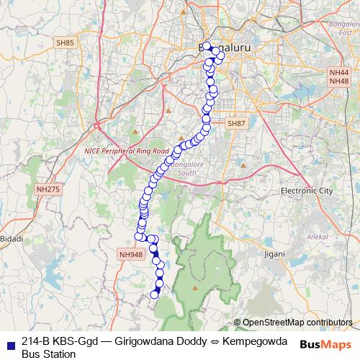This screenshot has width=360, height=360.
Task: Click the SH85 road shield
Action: tap(64, 42)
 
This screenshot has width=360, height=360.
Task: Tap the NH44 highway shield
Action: tap(338, 73)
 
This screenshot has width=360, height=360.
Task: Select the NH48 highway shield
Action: tap(338, 81)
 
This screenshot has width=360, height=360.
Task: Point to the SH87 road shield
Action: tap(236, 124)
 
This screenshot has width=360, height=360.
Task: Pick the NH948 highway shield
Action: tap(132, 254)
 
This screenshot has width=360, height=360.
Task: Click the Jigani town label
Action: tap(274, 254)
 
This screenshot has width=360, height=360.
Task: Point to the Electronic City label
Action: tap(307, 191)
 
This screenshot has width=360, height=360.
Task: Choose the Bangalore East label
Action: tap(343, 28)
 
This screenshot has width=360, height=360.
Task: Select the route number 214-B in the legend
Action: tap(37, 341)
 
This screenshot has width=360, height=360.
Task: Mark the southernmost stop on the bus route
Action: tap(153, 294)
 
